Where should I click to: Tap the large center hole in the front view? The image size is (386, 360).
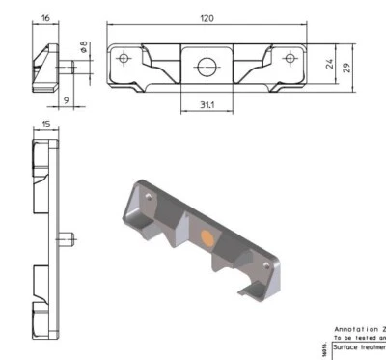click(x=206, y=66)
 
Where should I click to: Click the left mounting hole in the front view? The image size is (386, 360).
click(x=123, y=59)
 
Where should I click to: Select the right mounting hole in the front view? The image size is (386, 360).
click(x=289, y=59)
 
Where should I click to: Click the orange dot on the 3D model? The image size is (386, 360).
click(x=206, y=237)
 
